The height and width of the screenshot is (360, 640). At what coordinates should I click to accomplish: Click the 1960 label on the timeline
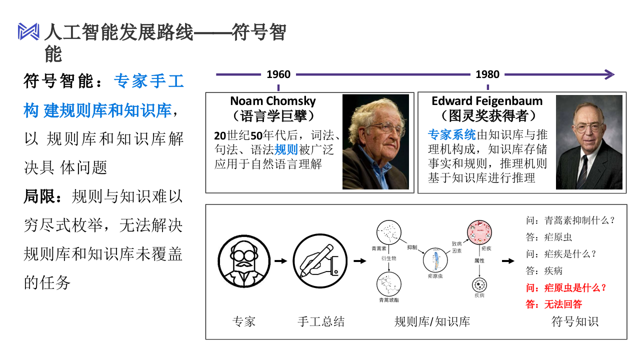click(278, 74)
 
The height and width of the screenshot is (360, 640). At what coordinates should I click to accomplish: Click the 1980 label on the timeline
click(487, 74)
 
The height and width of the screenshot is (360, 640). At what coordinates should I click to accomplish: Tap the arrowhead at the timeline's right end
click(608, 74)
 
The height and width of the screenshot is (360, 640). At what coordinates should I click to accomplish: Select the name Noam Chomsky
click(272, 101)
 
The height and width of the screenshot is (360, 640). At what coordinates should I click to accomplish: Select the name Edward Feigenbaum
click(486, 101)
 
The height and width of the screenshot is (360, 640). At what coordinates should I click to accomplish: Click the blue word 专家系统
click(452, 134)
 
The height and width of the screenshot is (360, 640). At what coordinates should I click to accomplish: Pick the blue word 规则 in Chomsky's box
click(286, 149)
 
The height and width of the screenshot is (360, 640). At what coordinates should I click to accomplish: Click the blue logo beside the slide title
click(28, 31)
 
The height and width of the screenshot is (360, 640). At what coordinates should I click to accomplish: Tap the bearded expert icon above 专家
click(243, 261)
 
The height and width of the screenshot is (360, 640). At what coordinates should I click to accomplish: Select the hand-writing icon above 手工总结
click(320, 261)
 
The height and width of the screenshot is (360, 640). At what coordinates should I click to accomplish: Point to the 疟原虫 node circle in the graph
click(435, 260)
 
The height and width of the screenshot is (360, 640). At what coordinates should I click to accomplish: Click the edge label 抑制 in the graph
click(412, 247)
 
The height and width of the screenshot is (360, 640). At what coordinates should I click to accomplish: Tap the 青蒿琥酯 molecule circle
click(389, 283)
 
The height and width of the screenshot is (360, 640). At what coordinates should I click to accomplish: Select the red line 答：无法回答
click(554, 304)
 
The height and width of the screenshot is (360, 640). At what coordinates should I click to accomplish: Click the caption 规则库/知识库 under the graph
click(432, 321)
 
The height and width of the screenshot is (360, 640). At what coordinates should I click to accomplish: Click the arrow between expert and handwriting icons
click(281, 261)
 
